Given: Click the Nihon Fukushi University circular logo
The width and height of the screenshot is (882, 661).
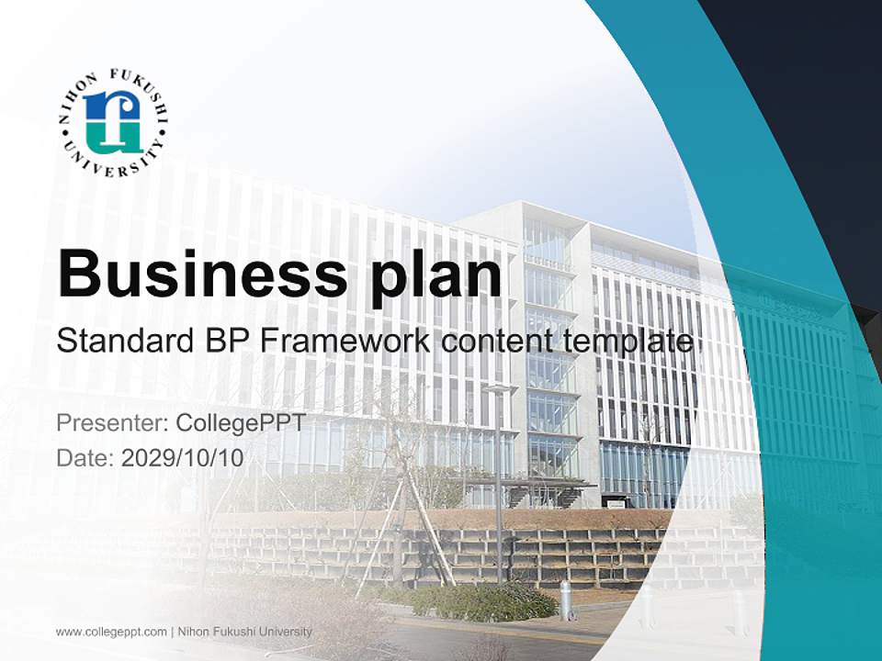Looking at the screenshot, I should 113,122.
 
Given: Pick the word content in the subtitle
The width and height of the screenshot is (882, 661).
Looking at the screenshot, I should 499,342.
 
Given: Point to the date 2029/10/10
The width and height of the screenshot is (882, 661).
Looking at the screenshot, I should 183,457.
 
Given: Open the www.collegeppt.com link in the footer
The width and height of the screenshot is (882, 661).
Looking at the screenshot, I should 111,632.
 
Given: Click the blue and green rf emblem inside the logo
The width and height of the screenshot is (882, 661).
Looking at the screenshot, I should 112,122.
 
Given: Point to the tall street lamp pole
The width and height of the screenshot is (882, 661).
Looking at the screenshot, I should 499,487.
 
